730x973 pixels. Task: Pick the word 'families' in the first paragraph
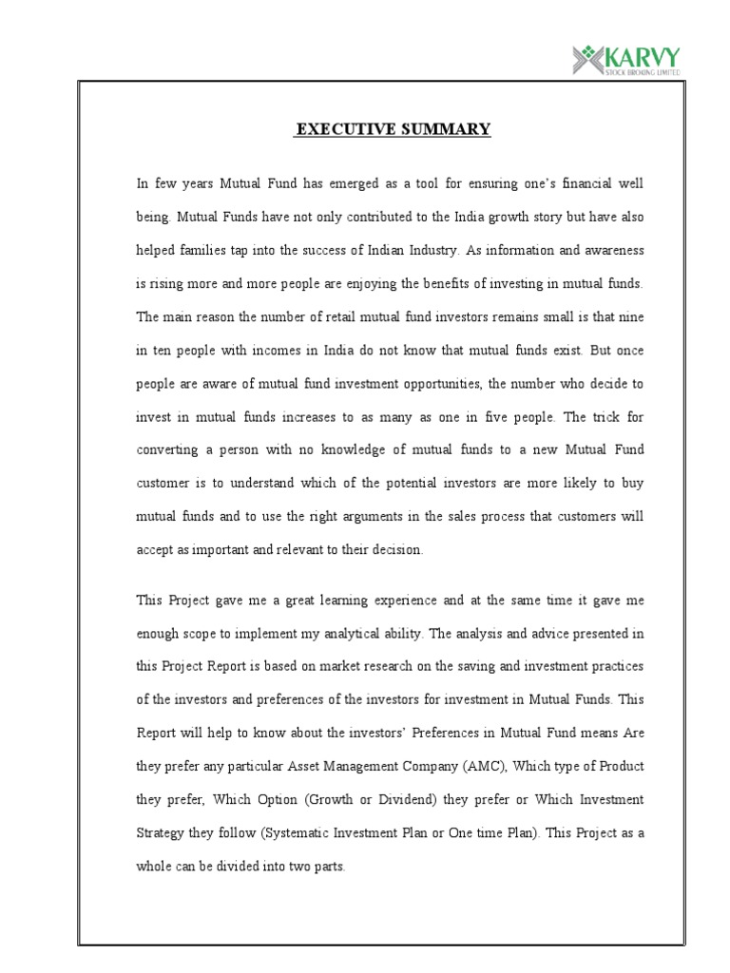pos(203,251)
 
